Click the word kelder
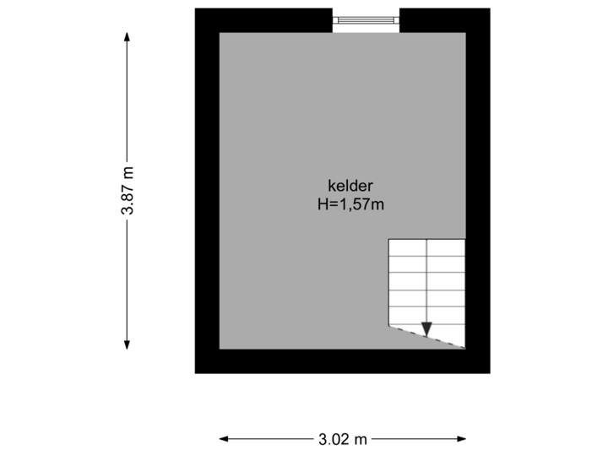pos(350,186)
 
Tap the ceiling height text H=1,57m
pos(350,204)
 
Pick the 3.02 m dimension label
pos(343,438)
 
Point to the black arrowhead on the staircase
pos(426,329)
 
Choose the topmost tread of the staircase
pos(426,247)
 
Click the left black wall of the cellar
pos(207,191)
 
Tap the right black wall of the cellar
pos(478,191)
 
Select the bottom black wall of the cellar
pos(342,361)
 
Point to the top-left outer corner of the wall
pos(195,9)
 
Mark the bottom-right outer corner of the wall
pos(489,372)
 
